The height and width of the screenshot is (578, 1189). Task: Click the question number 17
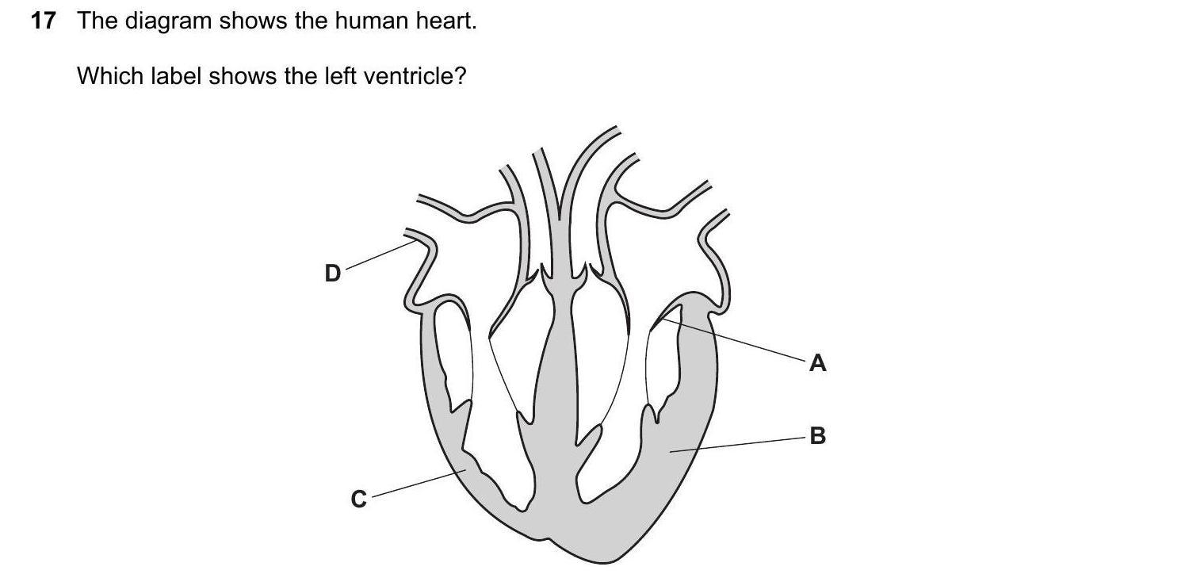pos(43,21)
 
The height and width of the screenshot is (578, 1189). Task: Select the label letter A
pos(818,364)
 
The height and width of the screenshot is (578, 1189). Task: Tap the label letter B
pos(818,436)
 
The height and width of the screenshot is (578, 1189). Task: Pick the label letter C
pos(359,500)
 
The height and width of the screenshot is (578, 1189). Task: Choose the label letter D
pos(333,274)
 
